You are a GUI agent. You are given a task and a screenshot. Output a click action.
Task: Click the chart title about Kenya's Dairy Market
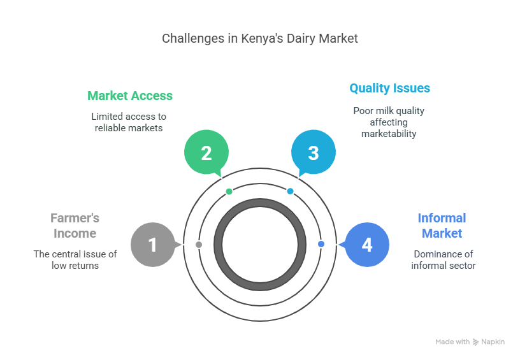260,38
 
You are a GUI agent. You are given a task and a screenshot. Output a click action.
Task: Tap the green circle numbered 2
206,154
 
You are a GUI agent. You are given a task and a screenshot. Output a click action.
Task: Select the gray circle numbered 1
152,245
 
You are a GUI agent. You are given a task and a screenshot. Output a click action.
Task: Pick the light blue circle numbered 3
313,154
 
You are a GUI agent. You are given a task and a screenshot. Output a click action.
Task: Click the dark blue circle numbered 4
367,245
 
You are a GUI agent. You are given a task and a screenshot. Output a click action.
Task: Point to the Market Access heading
130,96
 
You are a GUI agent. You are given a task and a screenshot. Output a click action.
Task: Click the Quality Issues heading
389,88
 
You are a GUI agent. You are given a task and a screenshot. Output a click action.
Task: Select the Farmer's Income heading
75,226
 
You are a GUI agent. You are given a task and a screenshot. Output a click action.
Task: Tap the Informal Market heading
442,226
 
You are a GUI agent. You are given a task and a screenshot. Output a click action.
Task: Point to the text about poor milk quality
389,122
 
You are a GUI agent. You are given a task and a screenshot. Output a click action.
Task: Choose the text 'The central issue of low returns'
75,259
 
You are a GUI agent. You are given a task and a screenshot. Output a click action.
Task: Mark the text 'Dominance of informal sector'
443,259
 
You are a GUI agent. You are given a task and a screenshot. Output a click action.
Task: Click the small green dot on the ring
229,191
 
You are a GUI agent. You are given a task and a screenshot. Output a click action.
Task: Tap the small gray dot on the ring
199,245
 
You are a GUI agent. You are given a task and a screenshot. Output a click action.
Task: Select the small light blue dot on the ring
290,191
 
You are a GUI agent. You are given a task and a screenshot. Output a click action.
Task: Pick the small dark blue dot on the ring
321,244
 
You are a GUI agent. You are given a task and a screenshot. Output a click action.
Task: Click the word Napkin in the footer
493,342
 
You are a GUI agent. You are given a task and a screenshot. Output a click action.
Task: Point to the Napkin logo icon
476,342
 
